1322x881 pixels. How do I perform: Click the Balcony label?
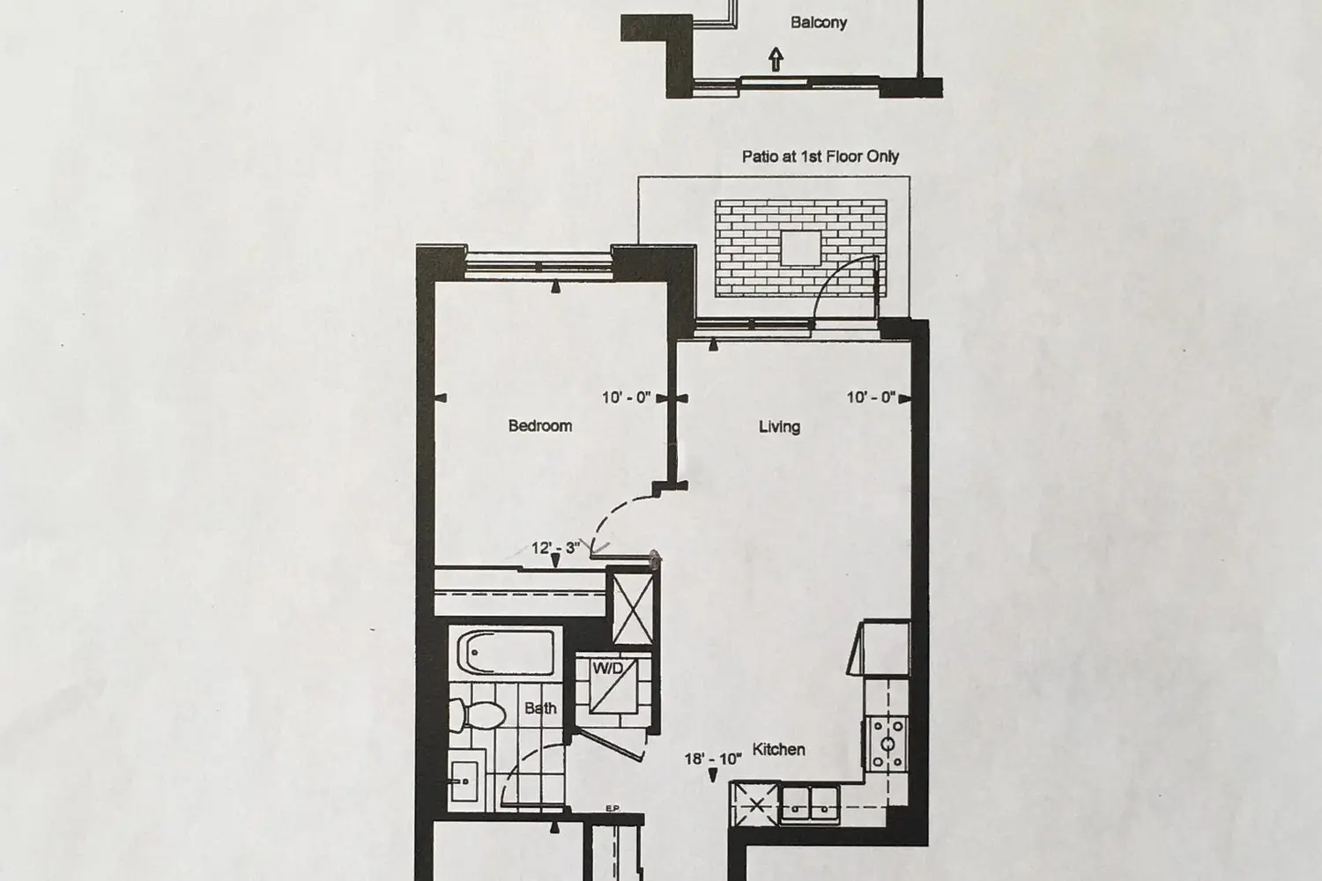click(x=819, y=22)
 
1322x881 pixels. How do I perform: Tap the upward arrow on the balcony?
click(x=776, y=60)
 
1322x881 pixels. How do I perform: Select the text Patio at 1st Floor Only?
click(x=821, y=156)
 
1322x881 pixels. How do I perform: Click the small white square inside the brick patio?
click(x=801, y=248)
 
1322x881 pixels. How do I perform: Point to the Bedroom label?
click(x=540, y=426)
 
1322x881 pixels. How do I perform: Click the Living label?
click(x=780, y=426)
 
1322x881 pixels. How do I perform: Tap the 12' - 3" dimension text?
click(x=555, y=548)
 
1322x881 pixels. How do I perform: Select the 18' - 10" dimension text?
click(x=713, y=759)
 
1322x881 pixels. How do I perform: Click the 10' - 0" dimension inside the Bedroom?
click(x=626, y=397)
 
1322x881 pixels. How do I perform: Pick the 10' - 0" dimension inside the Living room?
click(x=871, y=397)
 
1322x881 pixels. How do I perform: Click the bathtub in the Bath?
click(x=506, y=651)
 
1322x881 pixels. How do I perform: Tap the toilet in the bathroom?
click(x=477, y=714)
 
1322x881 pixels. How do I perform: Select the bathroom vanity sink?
click(x=465, y=780)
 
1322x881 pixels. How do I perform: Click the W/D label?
click(x=607, y=669)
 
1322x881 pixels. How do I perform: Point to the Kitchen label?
click(x=778, y=750)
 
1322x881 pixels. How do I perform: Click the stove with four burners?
click(x=888, y=744)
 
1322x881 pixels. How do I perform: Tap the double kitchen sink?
click(x=810, y=803)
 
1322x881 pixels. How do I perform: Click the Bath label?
click(x=540, y=708)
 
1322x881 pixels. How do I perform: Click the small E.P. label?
click(x=613, y=809)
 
